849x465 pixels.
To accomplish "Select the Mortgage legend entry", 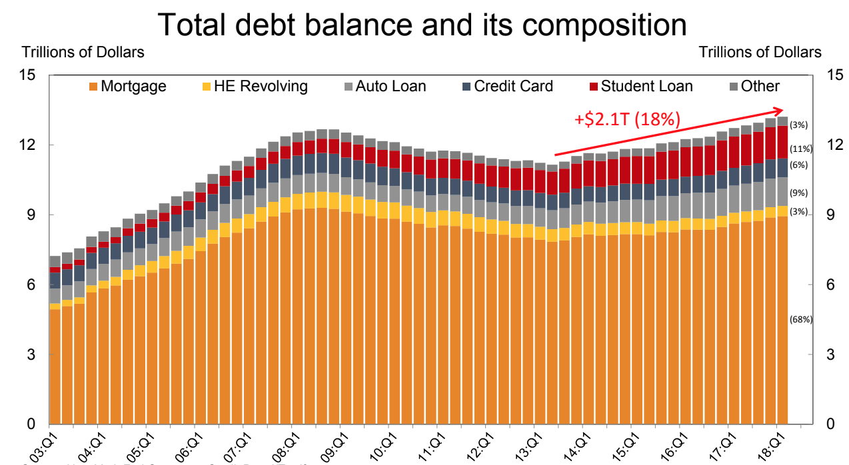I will click(x=127, y=86).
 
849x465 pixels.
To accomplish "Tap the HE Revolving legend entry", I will click(x=254, y=86).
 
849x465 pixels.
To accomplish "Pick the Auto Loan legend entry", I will click(x=383, y=86).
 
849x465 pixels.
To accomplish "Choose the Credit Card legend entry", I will click(x=506, y=86).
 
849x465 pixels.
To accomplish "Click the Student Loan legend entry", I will click(x=640, y=86).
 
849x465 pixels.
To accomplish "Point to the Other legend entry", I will click(x=753, y=86).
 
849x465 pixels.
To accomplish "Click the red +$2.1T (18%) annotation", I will click(x=627, y=120).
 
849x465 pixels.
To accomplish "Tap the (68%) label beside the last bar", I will click(x=800, y=320).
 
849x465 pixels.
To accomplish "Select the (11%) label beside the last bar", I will click(x=800, y=149).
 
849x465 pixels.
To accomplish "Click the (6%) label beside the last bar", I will click(x=799, y=165).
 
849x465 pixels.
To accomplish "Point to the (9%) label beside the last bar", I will click(x=799, y=193).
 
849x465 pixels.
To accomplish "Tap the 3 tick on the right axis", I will click(x=830, y=354).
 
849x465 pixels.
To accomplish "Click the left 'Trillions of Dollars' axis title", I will click(x=83, y=52).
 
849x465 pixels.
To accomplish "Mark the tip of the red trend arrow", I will click(x=782, y=110).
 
